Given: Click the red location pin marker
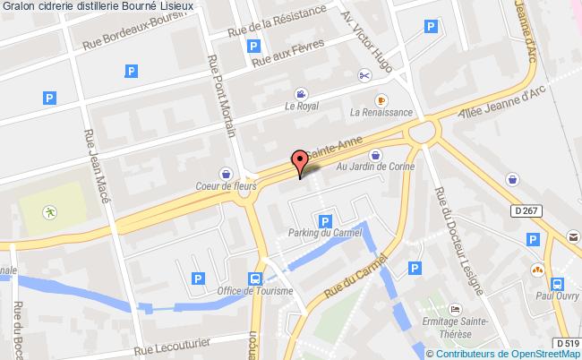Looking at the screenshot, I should [299, 162].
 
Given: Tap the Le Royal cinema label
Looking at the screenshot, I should [302, 105].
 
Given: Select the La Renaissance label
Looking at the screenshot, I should [381, 112].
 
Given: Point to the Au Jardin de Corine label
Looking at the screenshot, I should [373, 166].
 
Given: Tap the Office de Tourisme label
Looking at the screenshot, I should [255, 290].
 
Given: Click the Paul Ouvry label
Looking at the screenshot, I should [554, 291].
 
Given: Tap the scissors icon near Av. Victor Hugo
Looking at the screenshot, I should [364, 75].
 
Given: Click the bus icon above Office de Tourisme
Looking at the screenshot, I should [255, 277].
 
